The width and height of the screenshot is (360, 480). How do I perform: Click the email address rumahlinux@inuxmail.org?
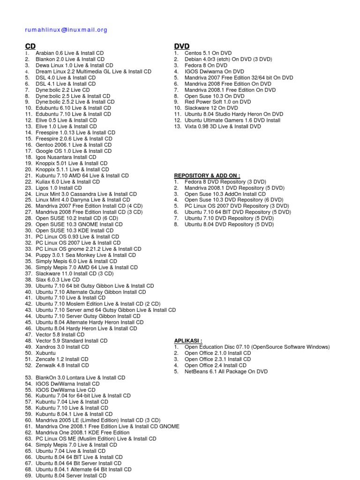(66, 30)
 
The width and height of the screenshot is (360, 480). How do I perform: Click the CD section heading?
(30, 46)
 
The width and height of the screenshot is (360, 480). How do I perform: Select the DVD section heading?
(181, 46)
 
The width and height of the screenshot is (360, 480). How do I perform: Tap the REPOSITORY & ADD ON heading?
(207, 175)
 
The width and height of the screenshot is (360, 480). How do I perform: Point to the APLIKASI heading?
(188, 341)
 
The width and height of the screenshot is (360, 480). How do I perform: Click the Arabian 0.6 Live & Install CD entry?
(70, 53)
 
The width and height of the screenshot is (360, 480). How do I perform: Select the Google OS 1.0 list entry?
(74, 151)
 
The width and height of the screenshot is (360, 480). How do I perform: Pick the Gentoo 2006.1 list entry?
(74, 145)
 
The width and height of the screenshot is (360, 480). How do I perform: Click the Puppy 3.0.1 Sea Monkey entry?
(86, 255)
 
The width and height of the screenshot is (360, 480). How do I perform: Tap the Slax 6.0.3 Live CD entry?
(58, 279)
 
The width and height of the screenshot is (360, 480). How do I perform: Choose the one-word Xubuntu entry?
(45, 353)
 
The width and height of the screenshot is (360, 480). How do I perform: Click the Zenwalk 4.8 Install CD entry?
(62, 365)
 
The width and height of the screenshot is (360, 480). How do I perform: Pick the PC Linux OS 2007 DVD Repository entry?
(237, 206)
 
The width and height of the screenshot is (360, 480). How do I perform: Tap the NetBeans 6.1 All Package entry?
(226, 372)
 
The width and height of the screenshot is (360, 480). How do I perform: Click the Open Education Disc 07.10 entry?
(257, 347)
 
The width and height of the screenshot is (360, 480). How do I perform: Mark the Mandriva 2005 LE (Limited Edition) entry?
(98, 420)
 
